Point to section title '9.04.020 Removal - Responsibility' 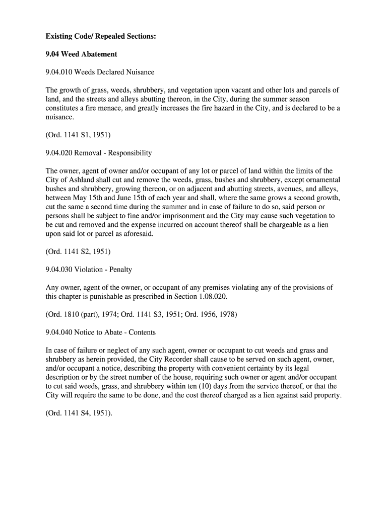click(x=99, y=153)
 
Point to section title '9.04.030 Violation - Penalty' click(x=89, y=270)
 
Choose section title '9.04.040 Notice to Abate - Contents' click(x=101, y=332)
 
